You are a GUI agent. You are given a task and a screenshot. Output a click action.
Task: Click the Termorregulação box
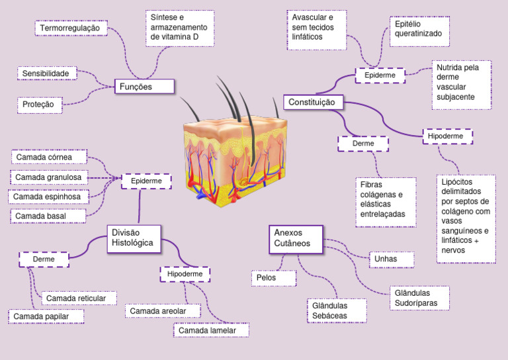click(x=69, y=28)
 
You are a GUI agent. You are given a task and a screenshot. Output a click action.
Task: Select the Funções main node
click(x=144, y=87)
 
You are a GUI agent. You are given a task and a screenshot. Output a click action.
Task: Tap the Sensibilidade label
click(x=48, y=73)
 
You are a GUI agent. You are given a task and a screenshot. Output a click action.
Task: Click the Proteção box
click(x=40, y=105)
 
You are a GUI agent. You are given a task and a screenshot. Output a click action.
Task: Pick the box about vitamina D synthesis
click(x=179, y=28)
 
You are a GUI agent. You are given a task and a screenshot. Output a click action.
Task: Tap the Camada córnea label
click(x=49, y=157)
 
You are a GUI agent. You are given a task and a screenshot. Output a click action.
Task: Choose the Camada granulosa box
click(x=49, y=177)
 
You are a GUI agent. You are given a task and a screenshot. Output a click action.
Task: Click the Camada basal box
click(x=47, y=216)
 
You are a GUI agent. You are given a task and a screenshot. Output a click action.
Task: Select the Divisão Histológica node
click(x=134, y=238)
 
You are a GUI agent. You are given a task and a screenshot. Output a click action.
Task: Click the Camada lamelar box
click(x=212, y=330)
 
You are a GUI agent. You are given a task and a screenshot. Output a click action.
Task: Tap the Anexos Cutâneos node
click(x=296, y=238)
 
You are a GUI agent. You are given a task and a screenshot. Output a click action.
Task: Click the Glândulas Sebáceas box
click(x=337, y=310)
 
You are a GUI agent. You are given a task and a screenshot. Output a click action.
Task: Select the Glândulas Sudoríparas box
click(x=419, y=298)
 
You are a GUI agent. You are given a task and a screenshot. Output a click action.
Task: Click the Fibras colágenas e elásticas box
click(x=385, y=201)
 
